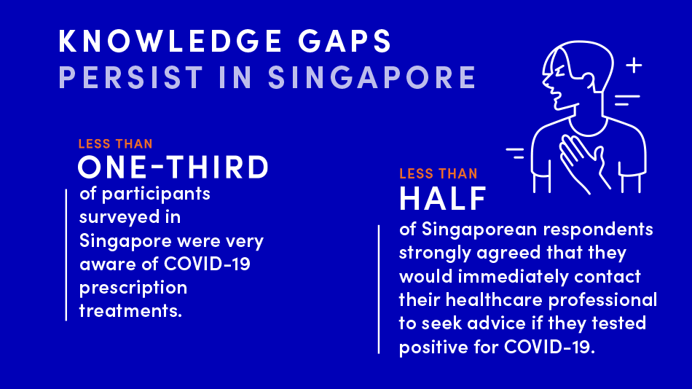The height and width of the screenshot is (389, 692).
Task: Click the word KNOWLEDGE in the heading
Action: pos(170,41)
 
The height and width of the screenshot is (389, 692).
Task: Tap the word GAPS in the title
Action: pos(345,41)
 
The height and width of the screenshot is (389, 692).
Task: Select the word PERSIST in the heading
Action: pos(131,77)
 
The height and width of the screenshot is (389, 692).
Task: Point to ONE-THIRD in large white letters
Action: pos(173,167)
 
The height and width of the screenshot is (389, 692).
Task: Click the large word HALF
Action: pos(442,198)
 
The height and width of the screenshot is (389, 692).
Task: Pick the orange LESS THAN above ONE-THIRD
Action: pos(116,144)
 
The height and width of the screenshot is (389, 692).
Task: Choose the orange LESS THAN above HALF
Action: pos(439,174)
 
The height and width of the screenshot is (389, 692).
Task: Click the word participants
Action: pos(156,194)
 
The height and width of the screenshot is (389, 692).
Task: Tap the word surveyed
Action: pos(119,218)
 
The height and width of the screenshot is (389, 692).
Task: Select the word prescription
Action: pos(133,288)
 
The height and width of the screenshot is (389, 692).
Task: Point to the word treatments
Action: pos(130,311)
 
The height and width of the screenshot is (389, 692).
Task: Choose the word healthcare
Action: pos(494,300)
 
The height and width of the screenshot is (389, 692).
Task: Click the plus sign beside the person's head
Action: pos(634,66)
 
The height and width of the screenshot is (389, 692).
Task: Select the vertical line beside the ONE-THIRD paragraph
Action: pos(66,255)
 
